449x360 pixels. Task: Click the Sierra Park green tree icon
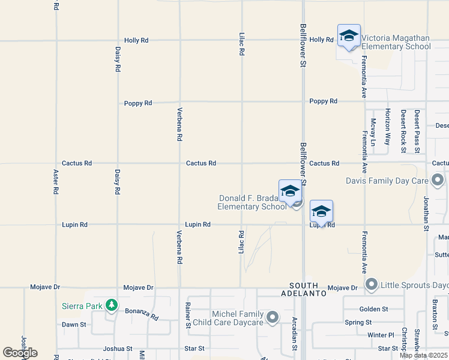click(x=111, y=305)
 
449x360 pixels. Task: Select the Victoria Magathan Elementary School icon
click(x=349, y=37)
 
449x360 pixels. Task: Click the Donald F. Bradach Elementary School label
click(x=252, y=202)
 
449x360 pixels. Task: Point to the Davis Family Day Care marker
click(x=438, y=180)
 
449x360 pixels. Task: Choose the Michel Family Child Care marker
click(x=273, y=317)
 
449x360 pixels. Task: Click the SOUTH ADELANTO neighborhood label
click(x=308, y=289)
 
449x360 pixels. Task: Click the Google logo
click(x=20, y=353)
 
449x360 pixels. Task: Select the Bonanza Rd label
click(x=142, y=313)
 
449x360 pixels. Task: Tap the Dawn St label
click(x=74, y=325)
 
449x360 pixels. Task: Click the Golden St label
click(x=374, y=309)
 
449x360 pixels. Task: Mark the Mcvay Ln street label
click(x=373, y=131)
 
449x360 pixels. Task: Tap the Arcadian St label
click(x=294, y=333)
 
